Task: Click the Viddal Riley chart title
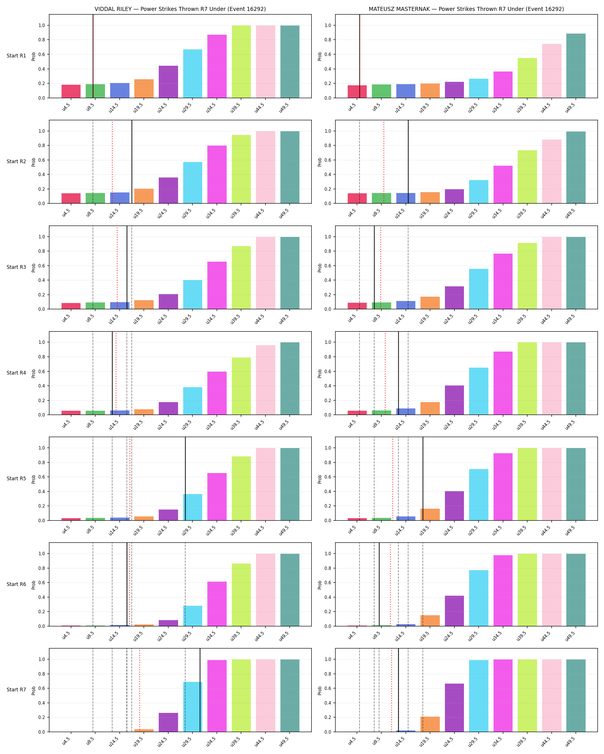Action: point(180,9)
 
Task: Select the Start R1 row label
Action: point(16,56)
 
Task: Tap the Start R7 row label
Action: point(16,690)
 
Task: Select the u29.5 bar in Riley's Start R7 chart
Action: point(193,707)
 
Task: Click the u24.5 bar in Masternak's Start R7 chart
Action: point(454,707)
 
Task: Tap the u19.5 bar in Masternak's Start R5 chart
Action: point(430,514)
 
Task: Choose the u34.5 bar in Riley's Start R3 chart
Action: point(217,286)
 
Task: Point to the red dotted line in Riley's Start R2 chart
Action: point(112,162)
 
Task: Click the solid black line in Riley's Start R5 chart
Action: point(185,479)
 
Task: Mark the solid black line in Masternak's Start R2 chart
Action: point(408,162)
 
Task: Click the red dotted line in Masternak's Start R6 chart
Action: point(390,584)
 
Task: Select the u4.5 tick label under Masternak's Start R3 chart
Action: point(351,318)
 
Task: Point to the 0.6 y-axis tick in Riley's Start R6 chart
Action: point(42,583)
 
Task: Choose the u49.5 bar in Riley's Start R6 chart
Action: point(290,590)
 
